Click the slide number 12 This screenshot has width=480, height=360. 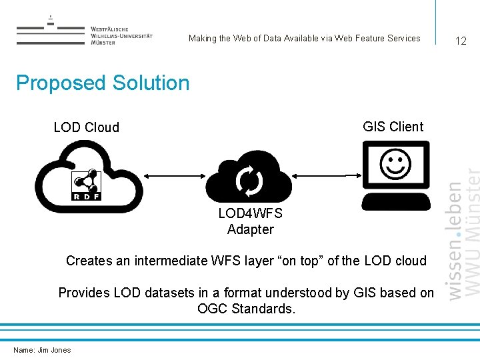461,41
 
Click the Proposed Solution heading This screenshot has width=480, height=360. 103,83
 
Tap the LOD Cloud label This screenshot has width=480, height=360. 87,127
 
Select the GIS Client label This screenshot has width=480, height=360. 393,127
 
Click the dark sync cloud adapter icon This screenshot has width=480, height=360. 249,178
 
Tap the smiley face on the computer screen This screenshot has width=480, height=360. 395,163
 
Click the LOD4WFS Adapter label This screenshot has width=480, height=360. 251,221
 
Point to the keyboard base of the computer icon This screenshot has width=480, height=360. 395,201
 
